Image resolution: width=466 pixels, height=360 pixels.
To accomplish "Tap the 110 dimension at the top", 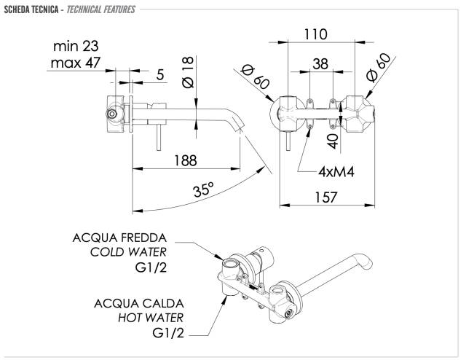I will (x=315, y=34).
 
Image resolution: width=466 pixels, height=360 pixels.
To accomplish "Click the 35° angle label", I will (x=203, y=191).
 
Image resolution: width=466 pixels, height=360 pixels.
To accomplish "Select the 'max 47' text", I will (x=76, y=63).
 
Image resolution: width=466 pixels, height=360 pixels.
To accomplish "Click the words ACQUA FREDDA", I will (x=119, y=237).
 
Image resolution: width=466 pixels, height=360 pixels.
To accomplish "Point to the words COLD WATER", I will (x=129, y=252).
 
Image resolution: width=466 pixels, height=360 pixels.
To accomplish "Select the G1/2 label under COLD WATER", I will (x=151, y=268).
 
